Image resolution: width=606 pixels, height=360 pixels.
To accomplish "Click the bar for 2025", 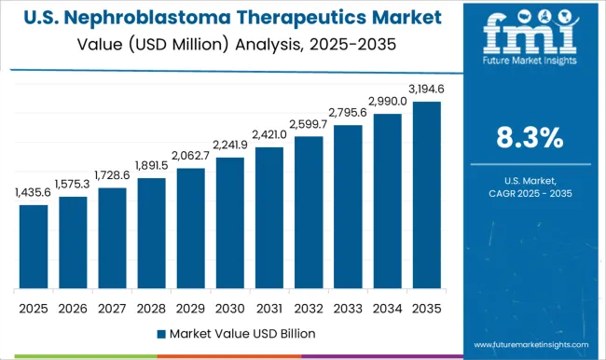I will [x=34, y=246].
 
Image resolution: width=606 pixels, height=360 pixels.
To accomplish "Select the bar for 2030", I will [x=229, y=223].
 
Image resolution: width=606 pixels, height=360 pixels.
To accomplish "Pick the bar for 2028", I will [x=151, y=233].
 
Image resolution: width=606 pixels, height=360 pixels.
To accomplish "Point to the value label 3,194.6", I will [x=425, y=88].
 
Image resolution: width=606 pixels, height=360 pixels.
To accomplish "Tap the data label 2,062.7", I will [x=190, y=155].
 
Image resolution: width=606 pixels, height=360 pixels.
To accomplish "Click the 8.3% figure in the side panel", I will [x=529, y=138].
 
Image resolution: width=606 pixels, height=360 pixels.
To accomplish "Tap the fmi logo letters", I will [x=528, y=35].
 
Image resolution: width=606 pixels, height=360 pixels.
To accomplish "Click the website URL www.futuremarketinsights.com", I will [x=529, y=341].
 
